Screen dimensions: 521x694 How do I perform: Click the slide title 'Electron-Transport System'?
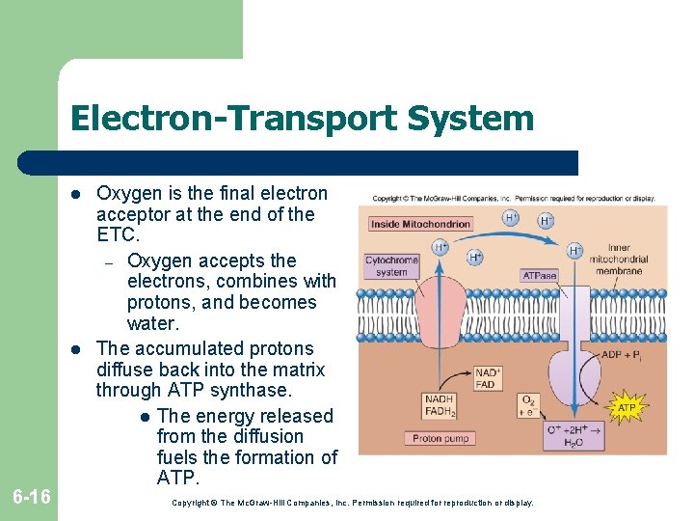click(302, 118)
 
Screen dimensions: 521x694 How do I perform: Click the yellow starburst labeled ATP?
click(627, 408)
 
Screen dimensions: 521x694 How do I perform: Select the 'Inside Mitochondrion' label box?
click(421, 224)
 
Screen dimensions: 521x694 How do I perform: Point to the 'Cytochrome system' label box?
click(391, 265)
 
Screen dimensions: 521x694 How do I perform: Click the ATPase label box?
click(539, 275)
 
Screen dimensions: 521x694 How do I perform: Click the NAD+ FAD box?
click(486, 377)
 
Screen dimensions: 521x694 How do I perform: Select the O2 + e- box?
click(529, 405)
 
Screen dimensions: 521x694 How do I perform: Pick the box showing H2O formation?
click(573, 435)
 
